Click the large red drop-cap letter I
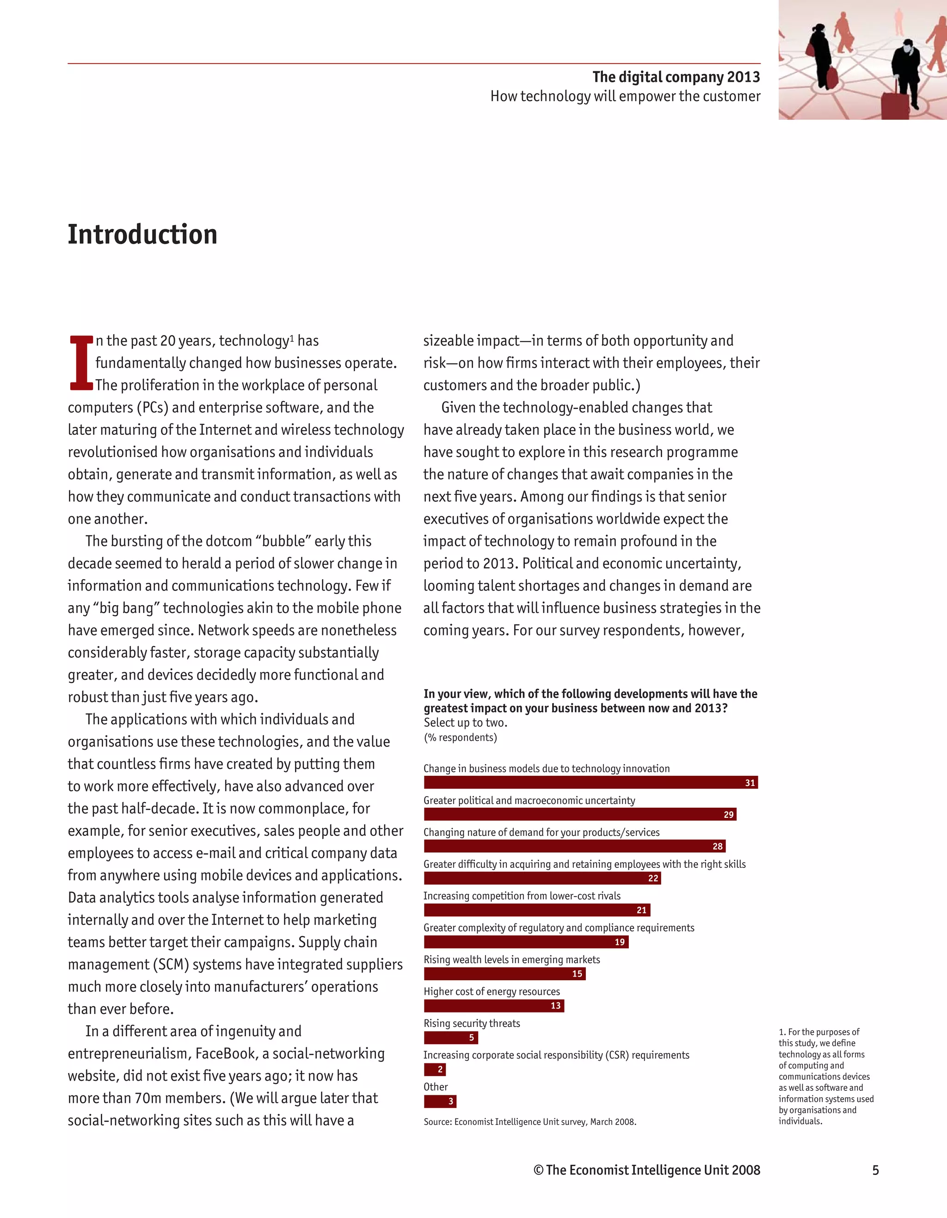pyautogui.click(x=81, y=363)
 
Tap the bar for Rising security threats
pyautogui.click(x=450, y=1037)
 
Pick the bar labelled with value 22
pyautogui.click(x=542, y=878)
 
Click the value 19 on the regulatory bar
pyautogui.click(x=619, y=942)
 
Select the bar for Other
pyautogui.click(x=440, y=1101)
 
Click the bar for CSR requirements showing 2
pyautogui.click(x=435, y=1070)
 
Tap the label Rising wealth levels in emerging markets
pyautogui.click(x=512, y=960)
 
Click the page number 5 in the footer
pyautogui.click(x=875, y=1170)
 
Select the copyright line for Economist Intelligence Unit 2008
pyautogui.click(x=646, y=1170)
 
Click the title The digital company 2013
pyautogui.click(x=676, y=77)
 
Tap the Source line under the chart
pyautogui.click(x=529, y=1121)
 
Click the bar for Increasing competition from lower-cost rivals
pyautogui.click(x=536, y=910)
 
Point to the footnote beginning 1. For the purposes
pyautogui.click(x=825, y=1076)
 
